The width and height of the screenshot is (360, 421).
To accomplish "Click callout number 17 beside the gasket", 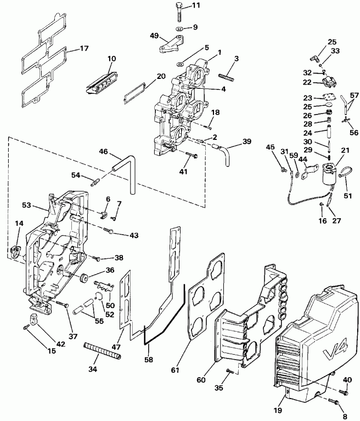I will (x=84, y=48).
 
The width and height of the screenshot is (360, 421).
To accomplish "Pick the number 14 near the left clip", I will (x=19, y=224).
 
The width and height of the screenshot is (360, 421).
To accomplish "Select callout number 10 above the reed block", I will (x=111, y=59).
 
